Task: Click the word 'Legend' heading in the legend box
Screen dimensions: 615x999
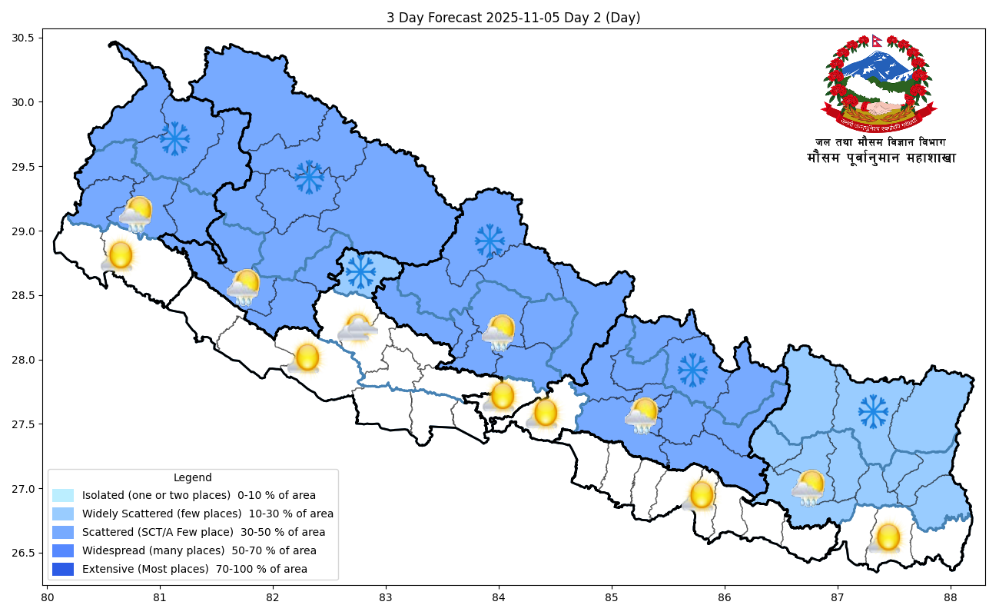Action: (192, 477)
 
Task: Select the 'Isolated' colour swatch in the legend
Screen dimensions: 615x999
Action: (63, 496)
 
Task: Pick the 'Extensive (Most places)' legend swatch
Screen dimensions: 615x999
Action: (63, 570)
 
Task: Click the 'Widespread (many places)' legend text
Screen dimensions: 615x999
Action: (199, 551)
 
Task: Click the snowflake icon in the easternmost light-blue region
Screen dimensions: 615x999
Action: (873, 411)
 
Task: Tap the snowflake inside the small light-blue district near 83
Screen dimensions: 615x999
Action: (360, 271)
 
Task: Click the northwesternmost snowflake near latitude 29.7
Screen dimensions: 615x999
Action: (174, 138)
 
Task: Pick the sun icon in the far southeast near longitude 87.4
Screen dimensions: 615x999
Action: (888, 537)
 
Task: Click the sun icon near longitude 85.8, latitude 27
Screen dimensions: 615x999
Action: (701, 494)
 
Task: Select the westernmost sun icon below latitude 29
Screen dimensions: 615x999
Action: (120, 254)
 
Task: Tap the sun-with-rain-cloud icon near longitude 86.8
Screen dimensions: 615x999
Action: (809, 487)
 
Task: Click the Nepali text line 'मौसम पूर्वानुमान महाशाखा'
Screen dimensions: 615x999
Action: (881, 158)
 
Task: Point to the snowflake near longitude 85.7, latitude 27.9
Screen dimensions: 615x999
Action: (692, 370)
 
